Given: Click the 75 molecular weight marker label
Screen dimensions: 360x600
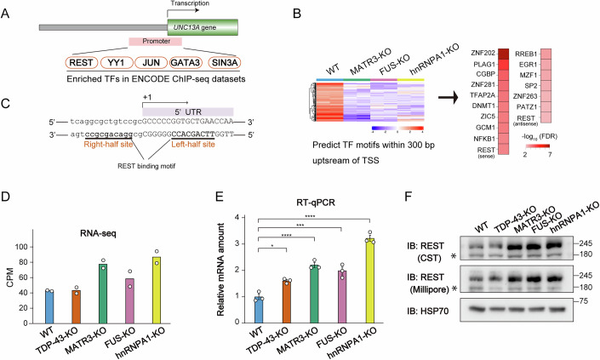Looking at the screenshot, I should point(590,323).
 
